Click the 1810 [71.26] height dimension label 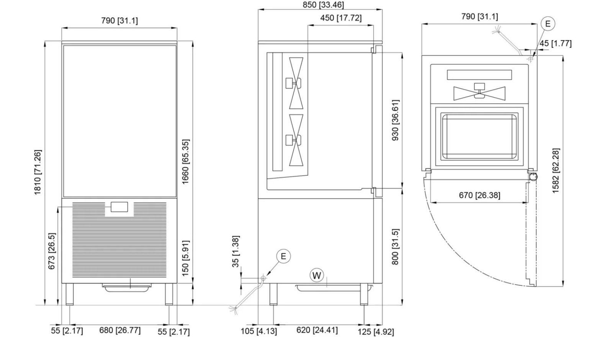[38, 172]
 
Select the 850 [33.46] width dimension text [323, 5]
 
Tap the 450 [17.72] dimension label [341, 18]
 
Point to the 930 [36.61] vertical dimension [395, 120]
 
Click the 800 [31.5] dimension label [395, 247]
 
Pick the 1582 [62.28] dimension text [556, 170]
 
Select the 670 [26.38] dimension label [480, 195]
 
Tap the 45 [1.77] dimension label [555, 43]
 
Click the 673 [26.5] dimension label [51, 251]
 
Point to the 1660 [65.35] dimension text [185, 162]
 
